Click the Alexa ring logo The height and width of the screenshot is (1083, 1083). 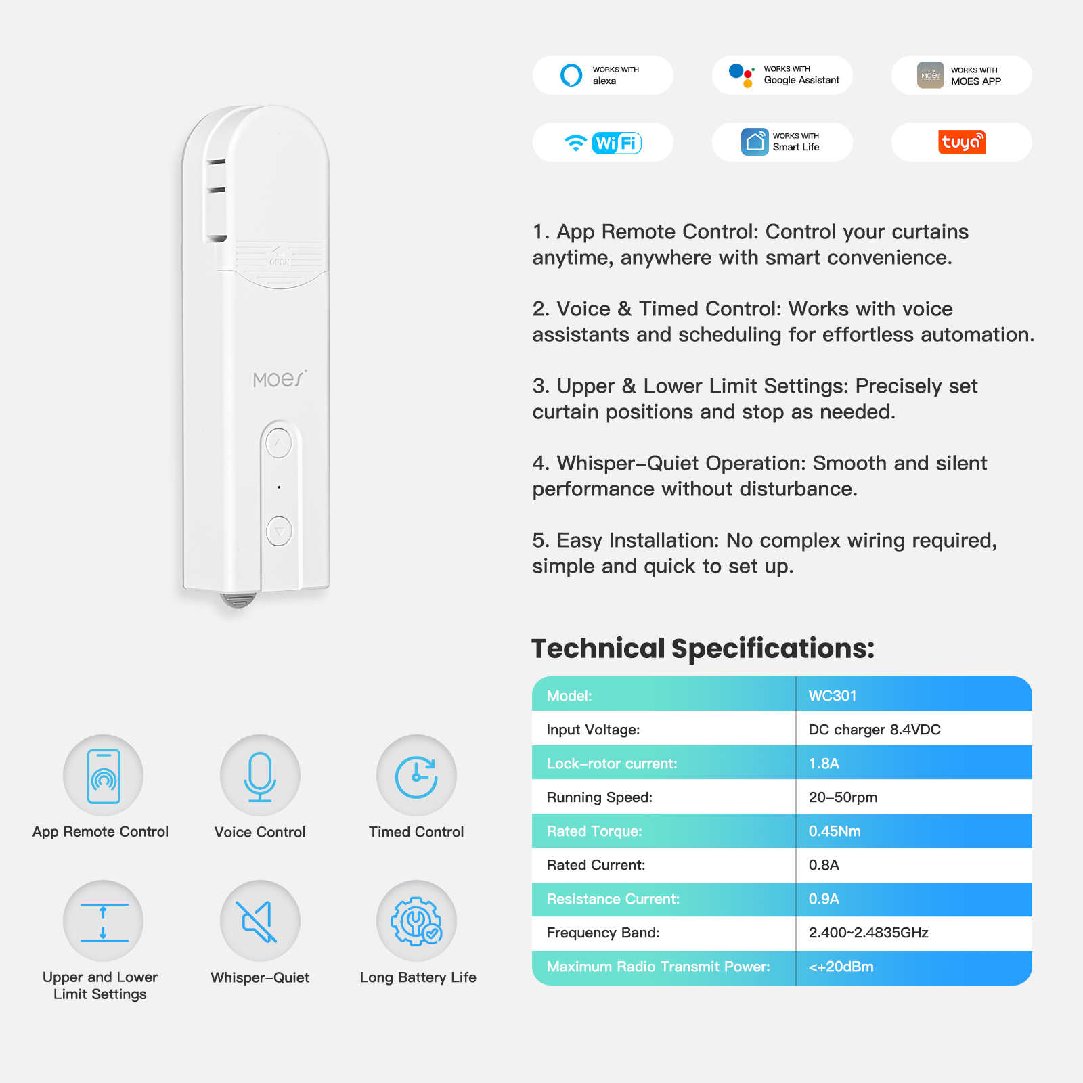click(571, 74)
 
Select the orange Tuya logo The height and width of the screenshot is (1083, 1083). click(962, 142)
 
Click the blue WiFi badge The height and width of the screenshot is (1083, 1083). click(617, 143)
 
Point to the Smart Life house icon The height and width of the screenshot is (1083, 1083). click(755, 142)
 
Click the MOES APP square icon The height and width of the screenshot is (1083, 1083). click(931, 75)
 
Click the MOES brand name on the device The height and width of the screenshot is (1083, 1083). click(280, 379)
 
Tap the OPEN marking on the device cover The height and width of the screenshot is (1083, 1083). click(280, 261)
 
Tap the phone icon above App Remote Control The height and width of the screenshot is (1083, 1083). click(104, 776)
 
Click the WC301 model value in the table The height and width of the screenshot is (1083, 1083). click(833, 696)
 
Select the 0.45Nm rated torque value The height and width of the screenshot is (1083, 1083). click(835, 831)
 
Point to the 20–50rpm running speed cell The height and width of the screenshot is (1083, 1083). click(843, 797)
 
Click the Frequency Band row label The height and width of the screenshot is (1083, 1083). click(603, 933)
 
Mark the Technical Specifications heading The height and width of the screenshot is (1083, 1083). click(703, 648)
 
